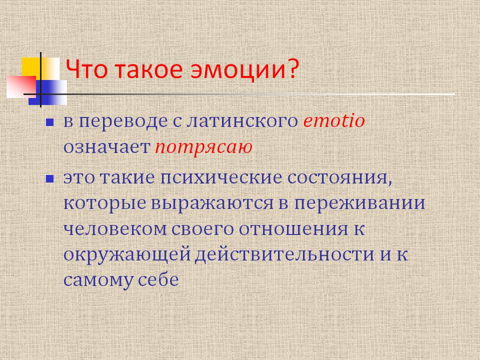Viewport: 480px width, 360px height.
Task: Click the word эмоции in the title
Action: click(x=236, y=69)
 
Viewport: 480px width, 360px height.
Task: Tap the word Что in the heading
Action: click(x=86, y=69)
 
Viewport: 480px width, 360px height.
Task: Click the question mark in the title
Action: click(x=293, y=68)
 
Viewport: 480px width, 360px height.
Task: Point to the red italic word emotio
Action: click(x=334, y=120)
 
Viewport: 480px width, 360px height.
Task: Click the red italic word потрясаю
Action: click(x=203, y=147)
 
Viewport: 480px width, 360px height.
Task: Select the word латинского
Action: click(x=242, y=121)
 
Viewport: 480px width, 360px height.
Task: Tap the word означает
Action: click(x=106, y=147)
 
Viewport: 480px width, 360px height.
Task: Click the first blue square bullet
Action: click(x=49, y=122)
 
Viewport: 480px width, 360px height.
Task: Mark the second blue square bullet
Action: click(x=49, y=179)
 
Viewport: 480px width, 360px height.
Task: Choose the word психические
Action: click(x=221, y=178)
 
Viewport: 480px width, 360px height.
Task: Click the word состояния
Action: click(x=340, y=178)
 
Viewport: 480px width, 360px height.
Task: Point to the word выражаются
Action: click(x=212, y=203)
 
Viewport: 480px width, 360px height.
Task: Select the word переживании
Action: click(x=359, y=203)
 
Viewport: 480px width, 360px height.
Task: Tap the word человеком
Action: click(x=115, y=229)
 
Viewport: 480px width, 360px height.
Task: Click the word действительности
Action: click(x=284, y=254)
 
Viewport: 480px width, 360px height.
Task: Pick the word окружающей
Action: click(x=127, y=254)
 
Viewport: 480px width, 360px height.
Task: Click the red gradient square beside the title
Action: click(x=21, y=87)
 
